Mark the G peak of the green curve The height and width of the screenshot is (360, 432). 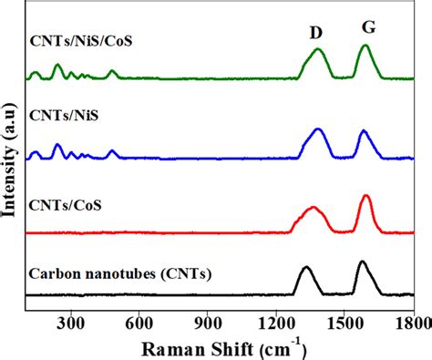(365, 46)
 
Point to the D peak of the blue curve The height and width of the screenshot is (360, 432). (319, 130)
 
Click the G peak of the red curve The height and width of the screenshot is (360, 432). (365, 196)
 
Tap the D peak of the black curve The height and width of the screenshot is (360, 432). (305, 268)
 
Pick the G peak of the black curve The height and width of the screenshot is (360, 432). (363, 262)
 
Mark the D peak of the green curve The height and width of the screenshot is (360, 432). (318, 50)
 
